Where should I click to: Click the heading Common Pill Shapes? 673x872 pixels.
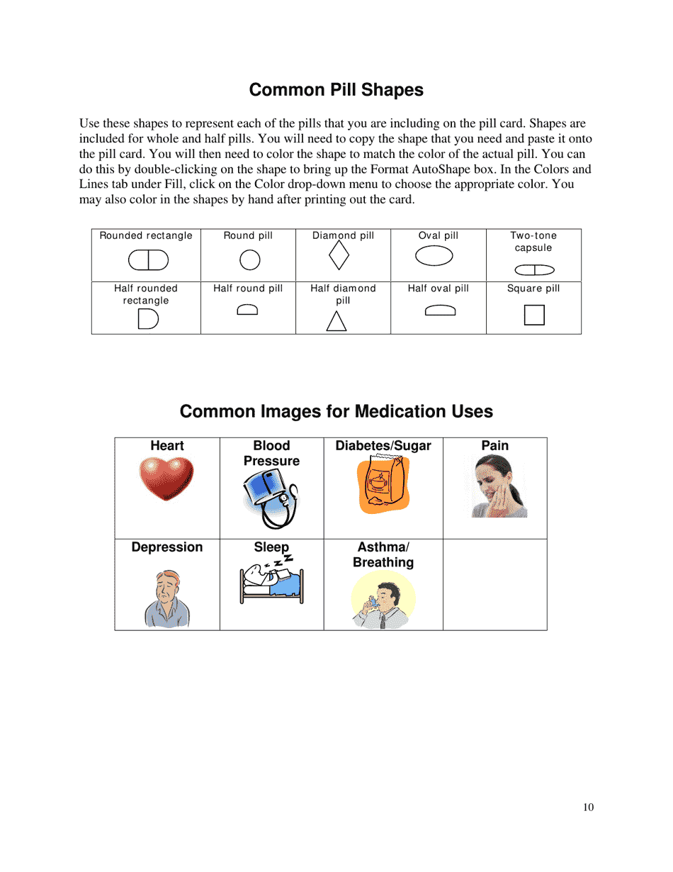click(x=336, y=90)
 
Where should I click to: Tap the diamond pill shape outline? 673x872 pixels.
click(x=339, y=256)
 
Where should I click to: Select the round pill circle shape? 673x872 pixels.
click(x=250, y=260)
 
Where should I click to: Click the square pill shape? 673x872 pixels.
click(x=534, y=315)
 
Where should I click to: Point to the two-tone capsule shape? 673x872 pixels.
click(x=534, y=269)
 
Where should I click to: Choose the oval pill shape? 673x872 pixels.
click(x=434, y=256)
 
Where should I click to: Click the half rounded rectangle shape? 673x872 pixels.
click(x=147, y=320)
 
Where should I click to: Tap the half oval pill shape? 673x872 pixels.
click(x=440, y=310)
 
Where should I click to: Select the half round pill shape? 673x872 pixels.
click(x=247, y=309)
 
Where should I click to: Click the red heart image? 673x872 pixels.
click(x=166, y=478)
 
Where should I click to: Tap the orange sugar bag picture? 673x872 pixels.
click(x=383, y=485)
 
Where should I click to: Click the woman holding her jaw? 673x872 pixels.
click(x=499, y=486)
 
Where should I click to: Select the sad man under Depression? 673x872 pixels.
click(x=167, y=599)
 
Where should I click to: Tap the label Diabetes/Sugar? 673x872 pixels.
click(x=383, y=446)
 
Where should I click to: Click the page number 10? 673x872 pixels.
click(x=588, y=807)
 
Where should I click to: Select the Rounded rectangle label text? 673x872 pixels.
click(x=146, y=235)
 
